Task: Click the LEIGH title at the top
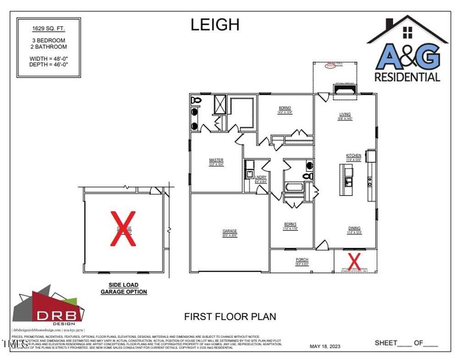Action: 215,25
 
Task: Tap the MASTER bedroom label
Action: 216,160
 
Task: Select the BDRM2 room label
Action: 285,109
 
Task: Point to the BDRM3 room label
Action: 291,225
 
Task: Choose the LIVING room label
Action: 345,115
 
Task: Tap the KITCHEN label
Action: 353,156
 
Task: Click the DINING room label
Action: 354,228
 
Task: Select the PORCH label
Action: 302,260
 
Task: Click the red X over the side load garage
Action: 124,228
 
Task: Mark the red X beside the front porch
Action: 354,261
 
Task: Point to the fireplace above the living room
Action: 345,93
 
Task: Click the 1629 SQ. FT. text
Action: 49,28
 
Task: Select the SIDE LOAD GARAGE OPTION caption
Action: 124,288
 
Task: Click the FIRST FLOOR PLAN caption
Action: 230,316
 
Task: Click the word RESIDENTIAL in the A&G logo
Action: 407,77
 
